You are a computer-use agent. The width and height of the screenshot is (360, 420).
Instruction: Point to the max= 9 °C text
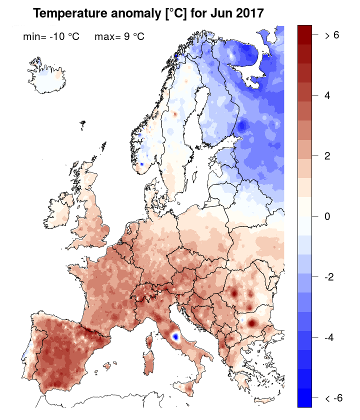click(x=119, y=36)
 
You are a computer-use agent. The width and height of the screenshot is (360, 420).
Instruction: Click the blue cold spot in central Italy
click(x=174, y=336)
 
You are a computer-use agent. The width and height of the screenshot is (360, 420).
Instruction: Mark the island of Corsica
click(x=149, y=340)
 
